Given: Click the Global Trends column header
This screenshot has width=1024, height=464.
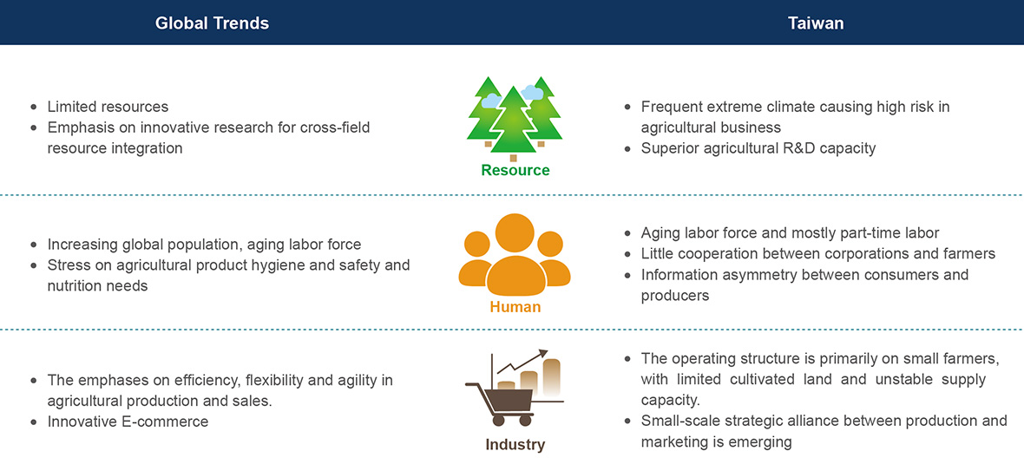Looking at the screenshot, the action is [212, 23].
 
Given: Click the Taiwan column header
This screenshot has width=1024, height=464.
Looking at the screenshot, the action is [816, 23].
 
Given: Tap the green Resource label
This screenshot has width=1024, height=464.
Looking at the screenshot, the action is [515, 170].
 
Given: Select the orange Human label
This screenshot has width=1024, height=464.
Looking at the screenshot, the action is [516, 306].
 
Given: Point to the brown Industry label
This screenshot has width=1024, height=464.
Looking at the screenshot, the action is [515, 445].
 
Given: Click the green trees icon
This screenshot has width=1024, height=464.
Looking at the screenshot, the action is [515, 118].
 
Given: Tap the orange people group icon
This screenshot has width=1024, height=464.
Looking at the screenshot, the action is [515, 254].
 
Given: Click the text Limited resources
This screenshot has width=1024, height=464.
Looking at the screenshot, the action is [108, 107].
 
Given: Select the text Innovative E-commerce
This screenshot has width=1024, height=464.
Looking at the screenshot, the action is [128, 422].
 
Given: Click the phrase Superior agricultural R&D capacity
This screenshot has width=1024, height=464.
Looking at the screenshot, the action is [758, 148].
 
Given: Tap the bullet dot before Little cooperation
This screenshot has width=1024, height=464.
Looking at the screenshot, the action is [628, 254].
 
